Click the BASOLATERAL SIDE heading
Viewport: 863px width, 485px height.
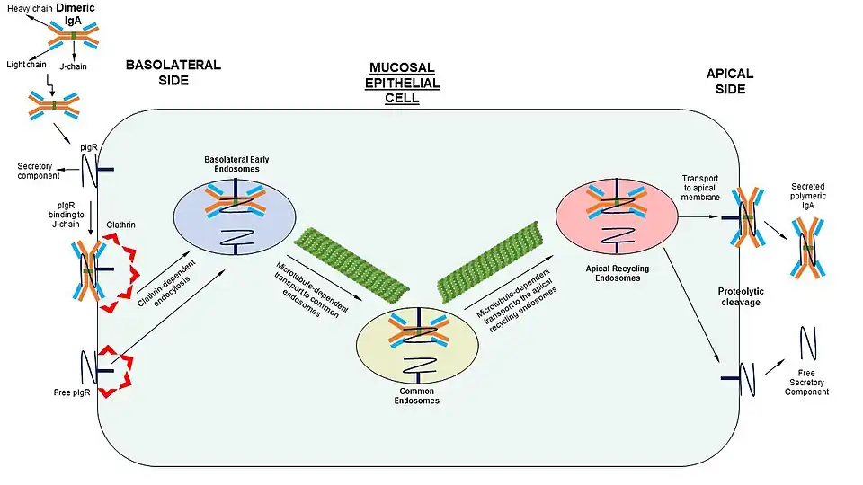173,73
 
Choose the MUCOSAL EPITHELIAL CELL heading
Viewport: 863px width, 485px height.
404,83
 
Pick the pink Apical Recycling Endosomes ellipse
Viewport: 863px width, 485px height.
616,214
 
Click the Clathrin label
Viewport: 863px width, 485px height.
121,225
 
